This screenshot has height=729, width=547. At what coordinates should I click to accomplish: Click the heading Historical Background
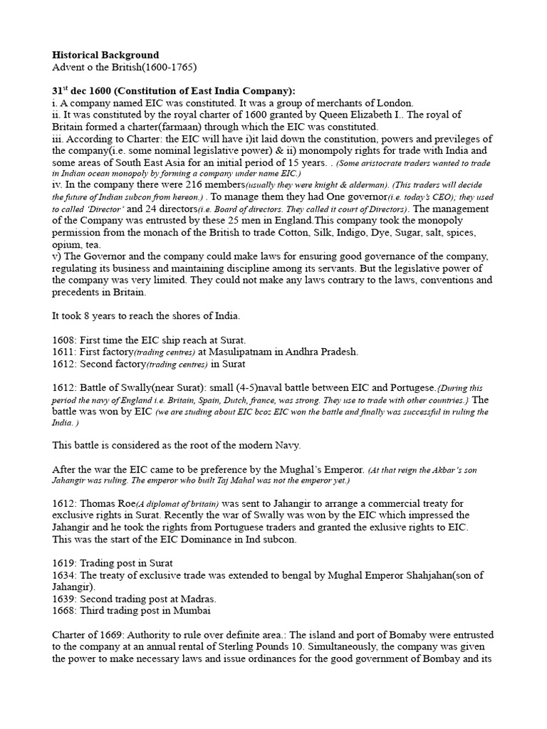106,55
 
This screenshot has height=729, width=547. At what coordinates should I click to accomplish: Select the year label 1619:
66,563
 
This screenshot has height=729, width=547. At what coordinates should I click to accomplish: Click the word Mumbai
191,610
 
